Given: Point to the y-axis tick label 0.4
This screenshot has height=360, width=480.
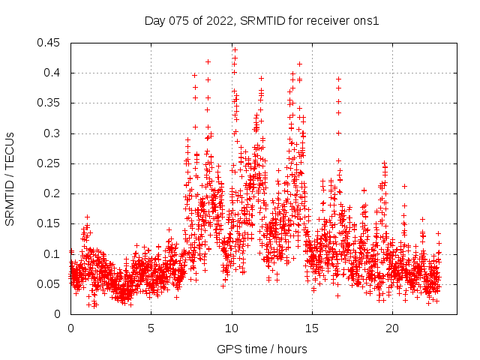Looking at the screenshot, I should point(55,73).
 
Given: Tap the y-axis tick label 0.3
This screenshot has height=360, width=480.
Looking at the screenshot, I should point(55,133).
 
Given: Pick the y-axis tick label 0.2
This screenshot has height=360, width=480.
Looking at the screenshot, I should point(55,193).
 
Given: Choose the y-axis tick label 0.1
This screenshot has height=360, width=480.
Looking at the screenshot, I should point(55,253).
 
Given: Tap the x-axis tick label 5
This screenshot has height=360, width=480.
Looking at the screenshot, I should point(151,328).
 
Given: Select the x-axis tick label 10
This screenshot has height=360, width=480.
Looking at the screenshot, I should point(232,328).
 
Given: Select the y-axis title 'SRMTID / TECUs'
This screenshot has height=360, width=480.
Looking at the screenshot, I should point(10,178).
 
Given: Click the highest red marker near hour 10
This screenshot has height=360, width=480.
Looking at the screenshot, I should point(235,49).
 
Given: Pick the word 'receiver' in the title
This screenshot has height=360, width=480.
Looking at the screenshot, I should point(325,21).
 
